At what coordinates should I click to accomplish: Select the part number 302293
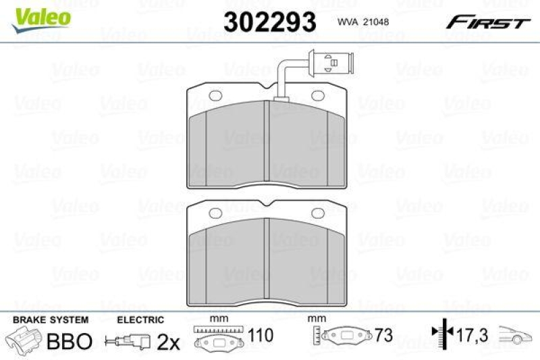point(269,22)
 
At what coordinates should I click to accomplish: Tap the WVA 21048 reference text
point(362,22)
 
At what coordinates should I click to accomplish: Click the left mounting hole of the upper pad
point(215,96)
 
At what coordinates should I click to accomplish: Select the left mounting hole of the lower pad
point(215,213)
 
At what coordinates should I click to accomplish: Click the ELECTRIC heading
point(140,319)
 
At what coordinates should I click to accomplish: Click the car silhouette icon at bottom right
point(516,334)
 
